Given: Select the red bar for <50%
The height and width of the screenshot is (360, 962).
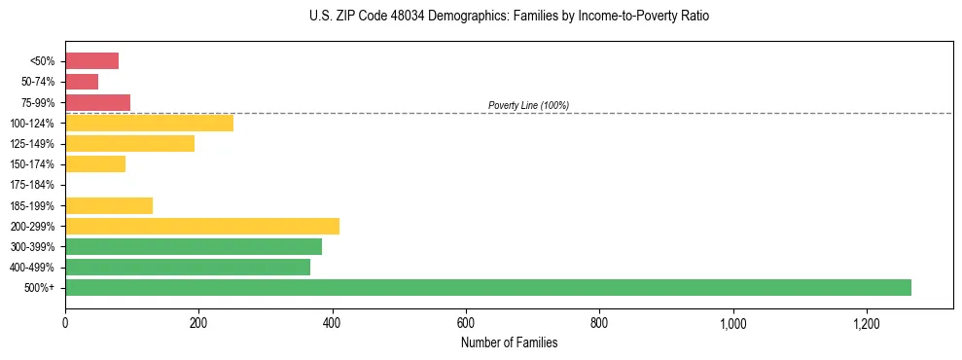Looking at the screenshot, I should (91, 61).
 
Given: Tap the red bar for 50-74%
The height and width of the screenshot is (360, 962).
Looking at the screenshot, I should (82, 82).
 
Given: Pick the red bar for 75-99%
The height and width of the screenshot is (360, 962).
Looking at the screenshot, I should (97, 102).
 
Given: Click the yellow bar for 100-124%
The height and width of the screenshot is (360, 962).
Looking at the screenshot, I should (149, 123).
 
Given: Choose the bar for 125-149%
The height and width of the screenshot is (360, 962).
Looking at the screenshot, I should (129, 143).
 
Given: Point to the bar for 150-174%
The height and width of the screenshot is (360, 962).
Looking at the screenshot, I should (95, 163).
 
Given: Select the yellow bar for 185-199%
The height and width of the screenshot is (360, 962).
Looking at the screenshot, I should (109, 205).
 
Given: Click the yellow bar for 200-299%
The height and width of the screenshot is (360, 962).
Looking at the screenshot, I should (202, 226).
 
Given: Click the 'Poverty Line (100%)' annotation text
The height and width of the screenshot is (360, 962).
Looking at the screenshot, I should (528, 105).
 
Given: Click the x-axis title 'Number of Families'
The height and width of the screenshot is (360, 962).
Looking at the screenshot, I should (509, 342).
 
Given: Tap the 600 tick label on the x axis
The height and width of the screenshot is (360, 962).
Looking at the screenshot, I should (466, 322).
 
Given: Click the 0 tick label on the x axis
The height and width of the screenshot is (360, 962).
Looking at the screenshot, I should (65, 322).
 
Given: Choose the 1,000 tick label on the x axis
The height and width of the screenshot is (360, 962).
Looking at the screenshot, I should (732, 322).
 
